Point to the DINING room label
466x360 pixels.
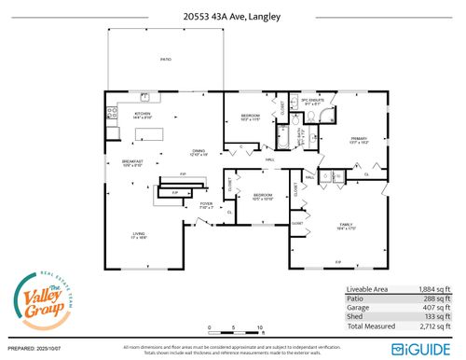(199, 152)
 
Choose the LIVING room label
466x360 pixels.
(138, 236)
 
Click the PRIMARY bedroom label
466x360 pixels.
(359, 138)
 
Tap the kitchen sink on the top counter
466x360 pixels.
(146, 97)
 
